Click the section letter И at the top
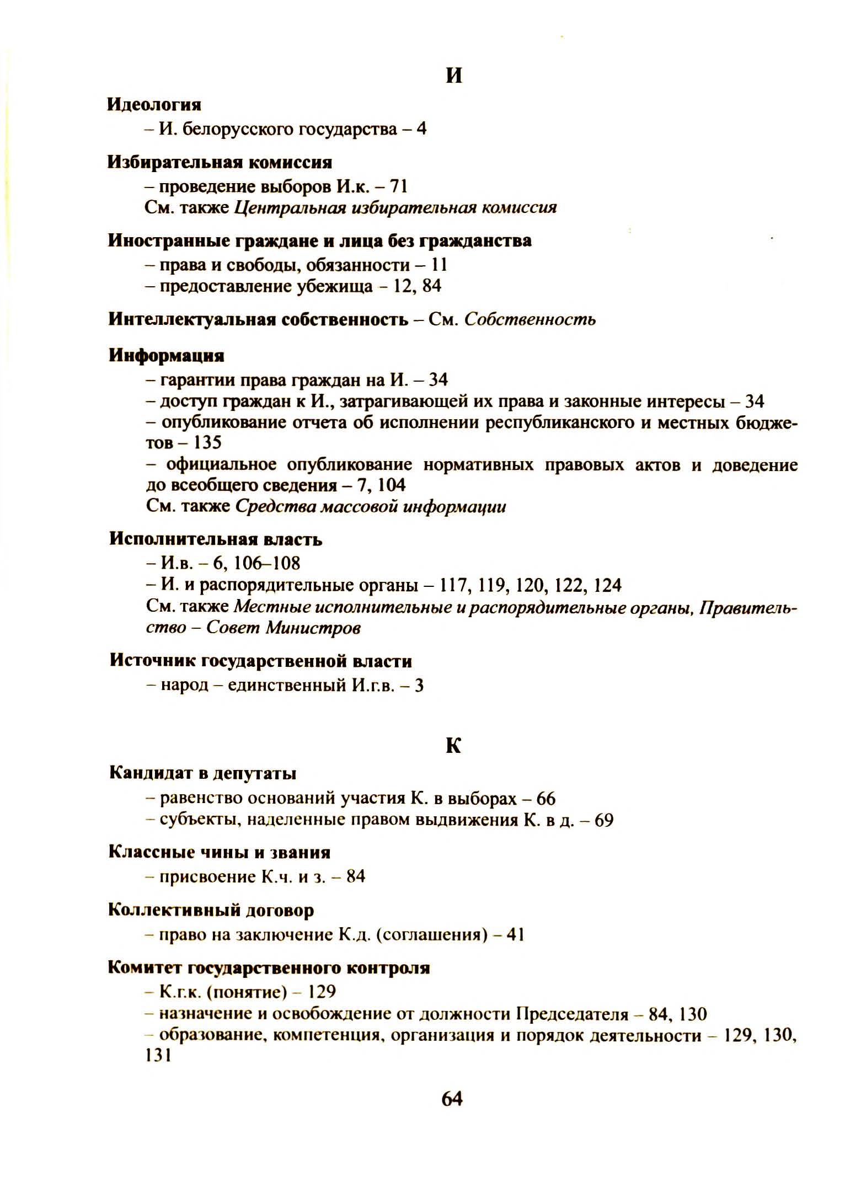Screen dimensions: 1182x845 coord(453,76)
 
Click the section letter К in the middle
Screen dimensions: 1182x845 coord(453,746)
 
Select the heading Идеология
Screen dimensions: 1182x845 coord(154,104)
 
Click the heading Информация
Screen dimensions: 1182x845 coord(166,355)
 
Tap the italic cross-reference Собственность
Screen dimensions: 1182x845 coord(530,319)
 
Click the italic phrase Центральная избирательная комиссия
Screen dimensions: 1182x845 coord(395,207)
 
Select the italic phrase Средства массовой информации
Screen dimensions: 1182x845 coord(370,506)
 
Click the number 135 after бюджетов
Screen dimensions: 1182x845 coord(207,442)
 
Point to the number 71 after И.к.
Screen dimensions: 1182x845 coord(399,186)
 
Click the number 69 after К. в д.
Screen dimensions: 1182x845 coord(604,820)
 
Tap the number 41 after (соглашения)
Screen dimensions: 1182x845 coord(515,935)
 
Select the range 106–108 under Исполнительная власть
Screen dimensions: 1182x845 coord(268,563)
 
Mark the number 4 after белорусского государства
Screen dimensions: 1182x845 coord(421,129)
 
